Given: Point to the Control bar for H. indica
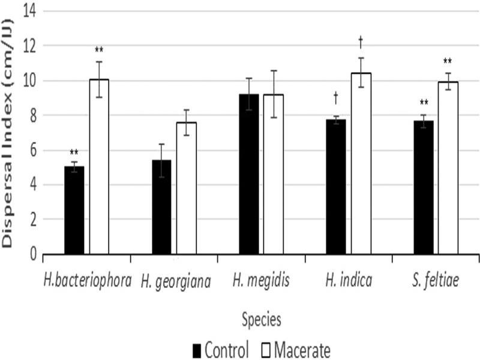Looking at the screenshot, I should [336, 187].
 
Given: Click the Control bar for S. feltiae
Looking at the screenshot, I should [424, 187].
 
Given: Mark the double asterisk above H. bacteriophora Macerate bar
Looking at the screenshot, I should [99, 50].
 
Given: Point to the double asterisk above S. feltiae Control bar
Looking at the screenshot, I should [424, 103].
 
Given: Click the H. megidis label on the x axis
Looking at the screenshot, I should [262, 280].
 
